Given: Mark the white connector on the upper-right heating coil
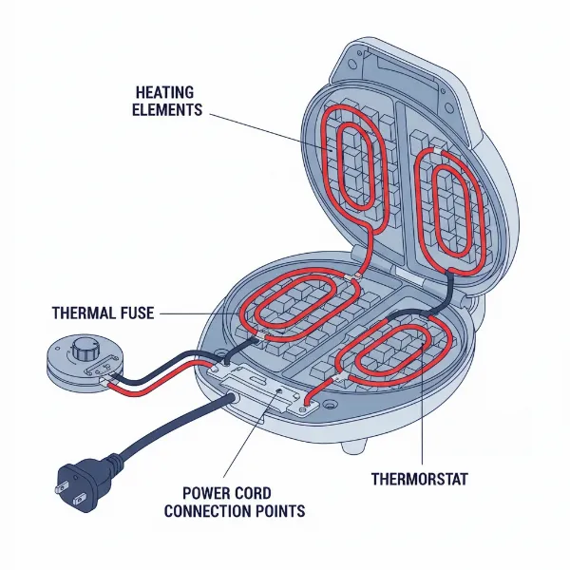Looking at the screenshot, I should [x=438, y=152].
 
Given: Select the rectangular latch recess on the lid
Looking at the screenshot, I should [x=399, y=71].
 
